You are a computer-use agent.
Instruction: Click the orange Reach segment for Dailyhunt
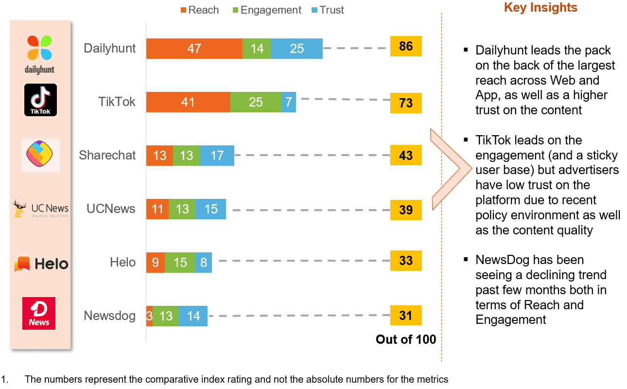point(194,48)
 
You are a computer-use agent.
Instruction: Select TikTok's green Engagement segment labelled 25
point(256,102)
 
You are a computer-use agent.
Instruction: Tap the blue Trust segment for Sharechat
point(217,156)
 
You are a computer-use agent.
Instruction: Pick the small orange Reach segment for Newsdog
point(149,316)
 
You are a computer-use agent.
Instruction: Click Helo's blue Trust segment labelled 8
point(203,263)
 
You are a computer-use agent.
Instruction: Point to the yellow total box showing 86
point(406,47)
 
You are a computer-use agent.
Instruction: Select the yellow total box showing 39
point(406,210)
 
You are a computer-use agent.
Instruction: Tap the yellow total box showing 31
point(406,316)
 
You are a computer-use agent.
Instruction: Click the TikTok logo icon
point(40,100)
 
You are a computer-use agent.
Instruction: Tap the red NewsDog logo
point(39,313)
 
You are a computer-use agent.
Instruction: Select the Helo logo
point(41,264)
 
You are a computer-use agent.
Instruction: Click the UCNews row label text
point(111,209)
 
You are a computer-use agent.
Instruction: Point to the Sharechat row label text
point(107,156)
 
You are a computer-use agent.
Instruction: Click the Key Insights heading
point(540,8)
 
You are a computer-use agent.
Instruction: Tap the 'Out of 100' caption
point(406,339)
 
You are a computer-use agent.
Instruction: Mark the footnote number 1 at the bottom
point(4,379)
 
